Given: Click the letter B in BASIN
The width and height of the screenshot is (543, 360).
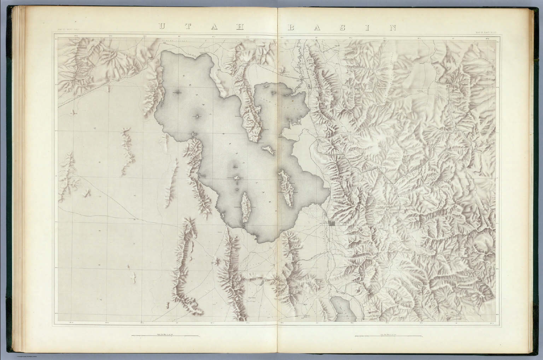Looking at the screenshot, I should click(291, 28).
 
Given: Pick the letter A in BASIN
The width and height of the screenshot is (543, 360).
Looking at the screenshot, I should click(316, 28).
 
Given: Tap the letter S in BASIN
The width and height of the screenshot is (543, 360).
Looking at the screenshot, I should click(342, 28).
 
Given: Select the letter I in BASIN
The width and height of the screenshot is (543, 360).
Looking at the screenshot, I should click(367, 28).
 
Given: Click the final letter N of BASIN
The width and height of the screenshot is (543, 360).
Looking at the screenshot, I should click(392, 28).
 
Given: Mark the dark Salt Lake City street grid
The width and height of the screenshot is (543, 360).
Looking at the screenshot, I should click(332, 224).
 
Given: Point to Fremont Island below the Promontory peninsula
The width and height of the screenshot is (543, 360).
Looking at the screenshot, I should click(269, 151).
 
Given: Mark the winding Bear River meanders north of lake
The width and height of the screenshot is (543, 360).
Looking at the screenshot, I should click(300, 64).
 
